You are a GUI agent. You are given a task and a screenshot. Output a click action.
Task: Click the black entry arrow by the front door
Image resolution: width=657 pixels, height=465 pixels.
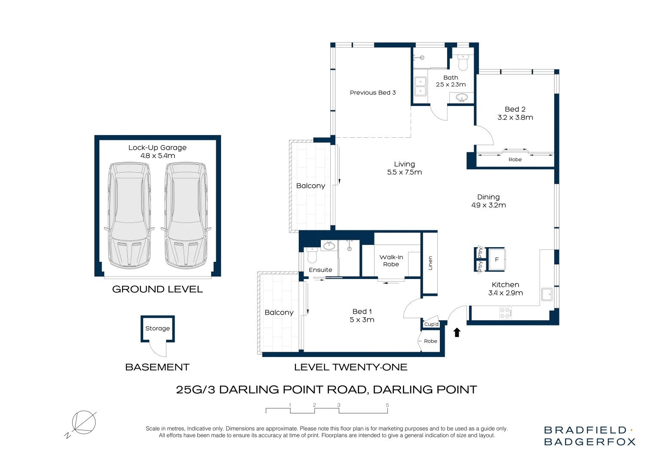point(457,332)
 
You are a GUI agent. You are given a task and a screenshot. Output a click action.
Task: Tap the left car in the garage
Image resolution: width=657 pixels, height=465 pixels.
point(129,215)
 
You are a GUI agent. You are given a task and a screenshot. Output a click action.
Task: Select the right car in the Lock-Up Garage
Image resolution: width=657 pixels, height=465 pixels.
point(186,215)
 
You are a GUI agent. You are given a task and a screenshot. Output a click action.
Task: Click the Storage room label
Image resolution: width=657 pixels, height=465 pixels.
point(157,329)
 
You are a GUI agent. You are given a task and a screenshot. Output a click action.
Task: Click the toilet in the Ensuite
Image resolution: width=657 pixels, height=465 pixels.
point(312,255)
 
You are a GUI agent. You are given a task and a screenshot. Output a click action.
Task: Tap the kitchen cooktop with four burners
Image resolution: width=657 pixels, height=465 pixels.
point(506,313)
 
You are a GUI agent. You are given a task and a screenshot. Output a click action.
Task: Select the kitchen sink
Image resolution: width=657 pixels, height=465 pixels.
point(547,294)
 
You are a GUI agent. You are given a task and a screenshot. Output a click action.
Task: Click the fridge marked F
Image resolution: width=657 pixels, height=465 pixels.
point(497,259)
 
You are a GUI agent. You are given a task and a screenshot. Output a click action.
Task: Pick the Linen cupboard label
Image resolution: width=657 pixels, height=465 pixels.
point(430,263)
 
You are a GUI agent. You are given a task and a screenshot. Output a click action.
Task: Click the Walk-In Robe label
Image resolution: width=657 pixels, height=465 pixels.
point(391,261)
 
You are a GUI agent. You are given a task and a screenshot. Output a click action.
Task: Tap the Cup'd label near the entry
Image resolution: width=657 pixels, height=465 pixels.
point(431,324)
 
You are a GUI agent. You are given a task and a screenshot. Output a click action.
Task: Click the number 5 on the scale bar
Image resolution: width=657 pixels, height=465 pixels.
point(387,405)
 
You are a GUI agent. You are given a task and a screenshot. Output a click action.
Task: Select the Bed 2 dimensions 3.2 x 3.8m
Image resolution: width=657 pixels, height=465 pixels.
point(515,118)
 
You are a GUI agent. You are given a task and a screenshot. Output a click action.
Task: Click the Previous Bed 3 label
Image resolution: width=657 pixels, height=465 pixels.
point(373,93)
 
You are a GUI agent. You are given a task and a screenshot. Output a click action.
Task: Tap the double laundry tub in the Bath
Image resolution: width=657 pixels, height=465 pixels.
point(421,87)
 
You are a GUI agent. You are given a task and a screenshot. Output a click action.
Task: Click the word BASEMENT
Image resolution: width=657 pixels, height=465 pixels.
point(157,367)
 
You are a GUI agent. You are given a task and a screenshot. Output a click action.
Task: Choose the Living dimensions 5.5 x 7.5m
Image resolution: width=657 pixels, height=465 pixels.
point(405,172)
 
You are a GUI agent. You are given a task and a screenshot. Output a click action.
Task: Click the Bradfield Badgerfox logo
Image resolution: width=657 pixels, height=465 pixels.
point(589,436)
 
